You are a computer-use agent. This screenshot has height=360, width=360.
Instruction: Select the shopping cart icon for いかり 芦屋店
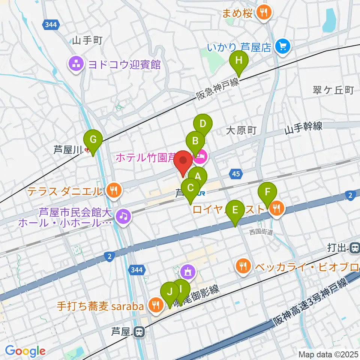coord(282,46)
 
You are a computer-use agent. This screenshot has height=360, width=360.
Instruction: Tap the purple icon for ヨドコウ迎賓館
coord(76,64)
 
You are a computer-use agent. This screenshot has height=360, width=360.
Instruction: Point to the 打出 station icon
coord(354,248)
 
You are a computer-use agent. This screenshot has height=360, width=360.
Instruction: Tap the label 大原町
coord(241,130)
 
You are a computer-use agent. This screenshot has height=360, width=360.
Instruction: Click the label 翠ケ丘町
coord(333,90)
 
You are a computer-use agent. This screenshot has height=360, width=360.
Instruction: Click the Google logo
coord(25,351)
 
